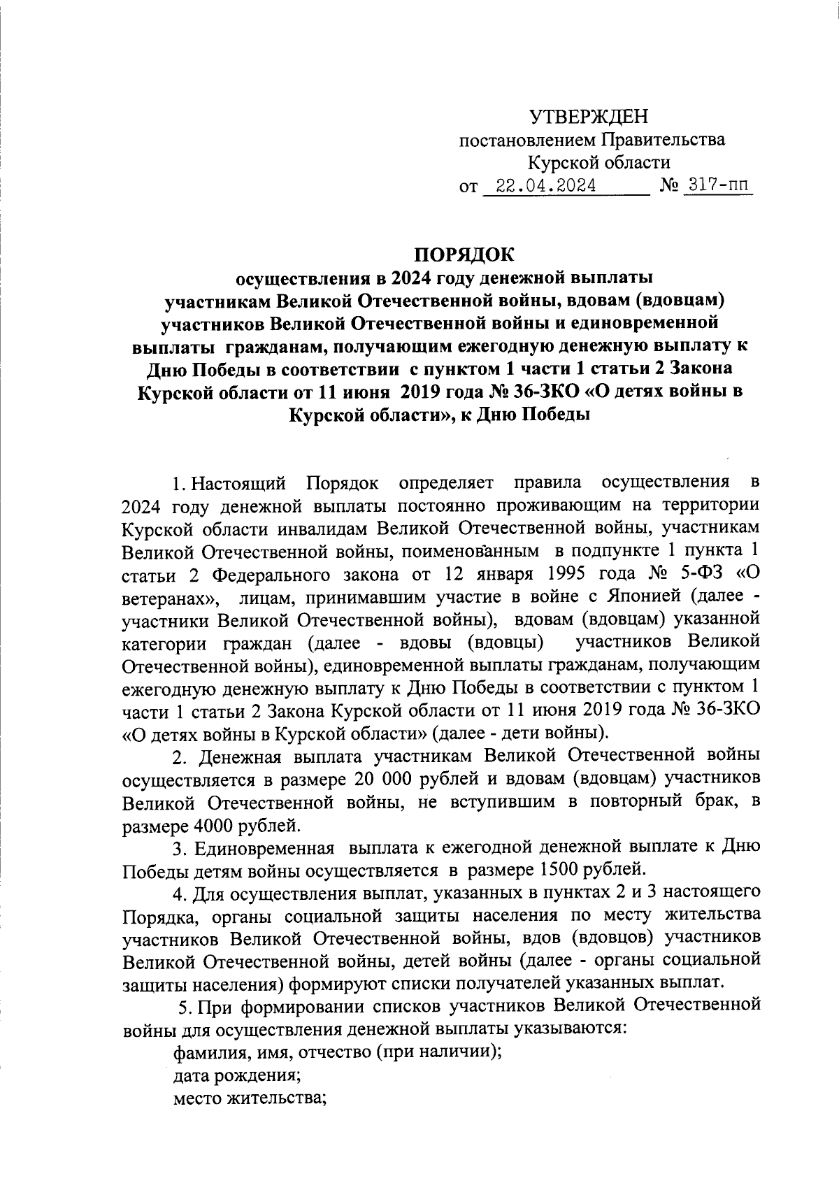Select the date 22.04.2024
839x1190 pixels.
click(x=545, y=186)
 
